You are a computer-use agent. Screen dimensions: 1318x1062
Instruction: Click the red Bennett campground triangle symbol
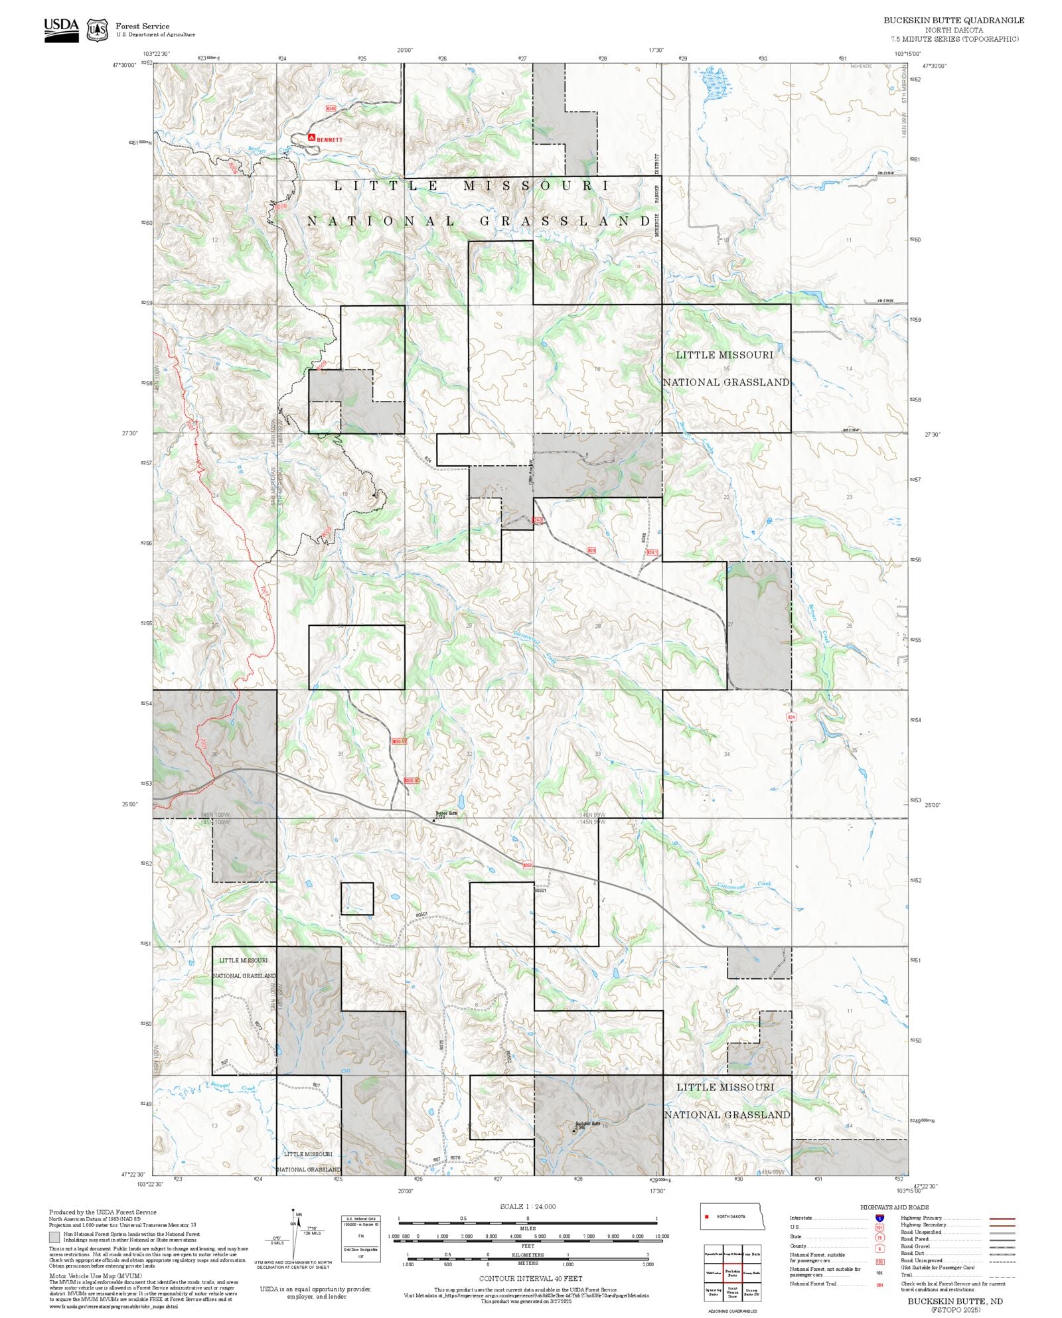point(311,137)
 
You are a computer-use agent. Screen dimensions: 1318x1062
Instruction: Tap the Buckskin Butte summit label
point(587,1124)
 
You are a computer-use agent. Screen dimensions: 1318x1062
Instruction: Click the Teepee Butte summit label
point(446,813)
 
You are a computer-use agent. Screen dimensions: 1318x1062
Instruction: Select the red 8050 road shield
point(527,865)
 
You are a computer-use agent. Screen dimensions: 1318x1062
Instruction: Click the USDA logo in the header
point(61,30)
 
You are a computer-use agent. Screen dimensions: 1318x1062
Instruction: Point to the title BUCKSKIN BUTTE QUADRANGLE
point(953,21)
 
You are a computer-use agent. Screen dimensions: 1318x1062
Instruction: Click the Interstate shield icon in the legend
point(879,1218)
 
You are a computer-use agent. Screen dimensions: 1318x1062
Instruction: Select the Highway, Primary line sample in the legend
point(1002,1218)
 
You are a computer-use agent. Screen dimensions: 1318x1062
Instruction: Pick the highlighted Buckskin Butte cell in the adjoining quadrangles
point(732,1273)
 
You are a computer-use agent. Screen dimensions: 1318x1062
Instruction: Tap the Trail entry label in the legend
point(906,1275)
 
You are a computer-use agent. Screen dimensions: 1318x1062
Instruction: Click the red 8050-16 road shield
point(411,781)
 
